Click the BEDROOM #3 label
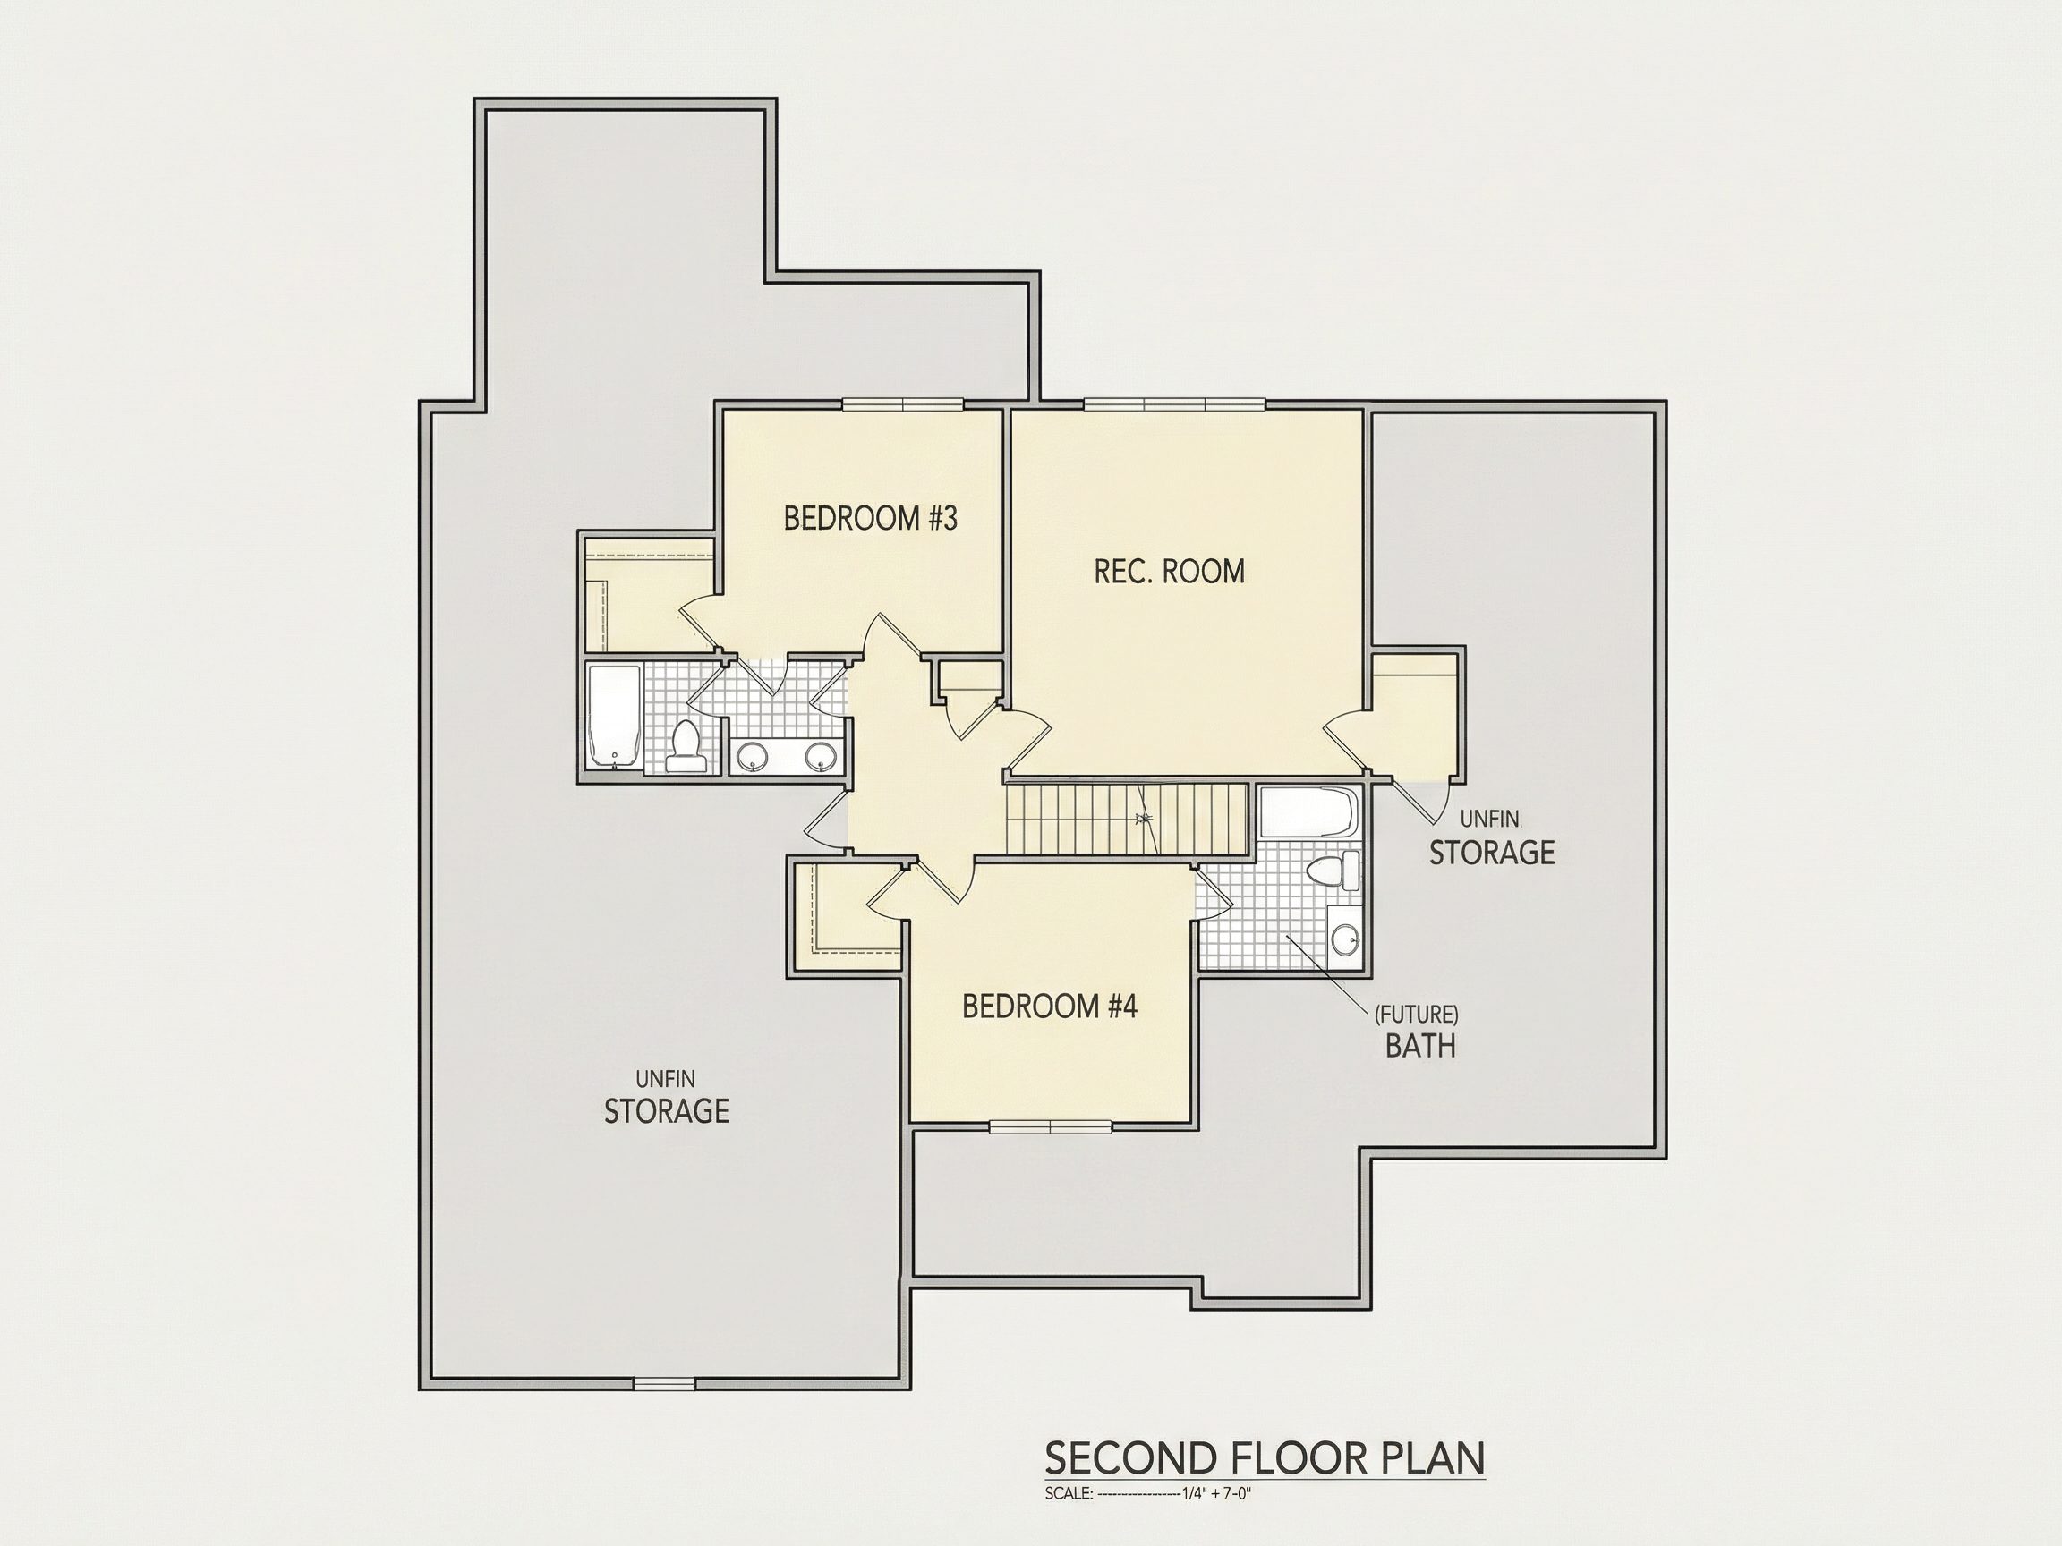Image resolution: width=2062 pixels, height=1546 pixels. tap(870, 518)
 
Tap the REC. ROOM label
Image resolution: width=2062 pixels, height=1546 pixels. tap(1169, 570)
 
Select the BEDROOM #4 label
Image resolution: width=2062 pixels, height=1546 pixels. tap(1050, 1007)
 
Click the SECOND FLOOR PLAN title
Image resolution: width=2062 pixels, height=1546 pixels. tap(1265, 1458)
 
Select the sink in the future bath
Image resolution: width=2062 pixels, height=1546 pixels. tap(1345, 939)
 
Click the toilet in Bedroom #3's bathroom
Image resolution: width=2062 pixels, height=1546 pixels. tap(686, 745)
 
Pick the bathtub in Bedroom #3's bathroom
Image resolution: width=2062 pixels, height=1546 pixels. tap(613, 717)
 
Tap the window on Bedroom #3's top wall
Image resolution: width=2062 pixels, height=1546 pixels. tap(902, 404)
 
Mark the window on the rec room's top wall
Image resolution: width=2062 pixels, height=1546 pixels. tap(1174, 404)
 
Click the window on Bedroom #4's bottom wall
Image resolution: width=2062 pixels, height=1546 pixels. tap(1051, 1126)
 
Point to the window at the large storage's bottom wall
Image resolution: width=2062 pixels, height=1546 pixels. tap(664, 1385)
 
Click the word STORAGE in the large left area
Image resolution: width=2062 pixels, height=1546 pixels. tap(667, 1111)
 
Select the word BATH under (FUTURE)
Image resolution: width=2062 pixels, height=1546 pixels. tap(1419, 1046)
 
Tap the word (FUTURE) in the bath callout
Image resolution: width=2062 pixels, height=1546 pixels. tap(1417, 1014)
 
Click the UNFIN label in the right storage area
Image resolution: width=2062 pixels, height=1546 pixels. tap(1489, 820)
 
